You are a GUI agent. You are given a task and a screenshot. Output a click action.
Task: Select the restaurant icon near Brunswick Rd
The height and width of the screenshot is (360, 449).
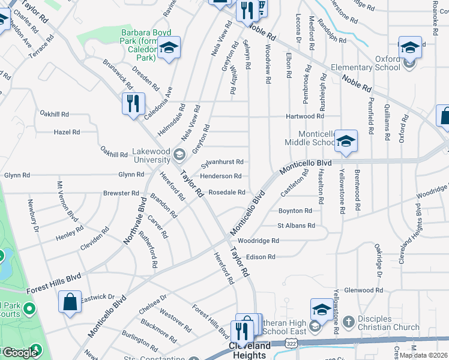tap(133, 103)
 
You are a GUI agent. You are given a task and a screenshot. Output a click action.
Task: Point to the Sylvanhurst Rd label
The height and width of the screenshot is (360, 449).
tap(222, 162)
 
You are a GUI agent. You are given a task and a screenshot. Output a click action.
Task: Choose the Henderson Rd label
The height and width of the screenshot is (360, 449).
tap(221, 176)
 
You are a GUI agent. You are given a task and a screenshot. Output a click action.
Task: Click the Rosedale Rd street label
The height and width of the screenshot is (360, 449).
tap(227, 193)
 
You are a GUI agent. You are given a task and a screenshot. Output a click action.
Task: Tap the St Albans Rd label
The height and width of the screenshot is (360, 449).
tap(296, 226)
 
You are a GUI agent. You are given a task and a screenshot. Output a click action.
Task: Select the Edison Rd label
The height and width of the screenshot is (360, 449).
tap(260, 257)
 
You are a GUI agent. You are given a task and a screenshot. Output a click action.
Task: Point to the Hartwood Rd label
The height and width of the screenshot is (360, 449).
tap(305, 116)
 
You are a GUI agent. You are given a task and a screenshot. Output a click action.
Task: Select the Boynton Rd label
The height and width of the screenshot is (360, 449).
tap(295, 211)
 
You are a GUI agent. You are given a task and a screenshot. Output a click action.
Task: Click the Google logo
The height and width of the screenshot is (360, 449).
tap(20, 353)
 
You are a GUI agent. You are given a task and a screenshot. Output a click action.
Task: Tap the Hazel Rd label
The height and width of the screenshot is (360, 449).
tap(67, 132)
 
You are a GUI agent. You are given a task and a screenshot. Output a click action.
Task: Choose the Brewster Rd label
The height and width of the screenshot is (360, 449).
tap(121, 193)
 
